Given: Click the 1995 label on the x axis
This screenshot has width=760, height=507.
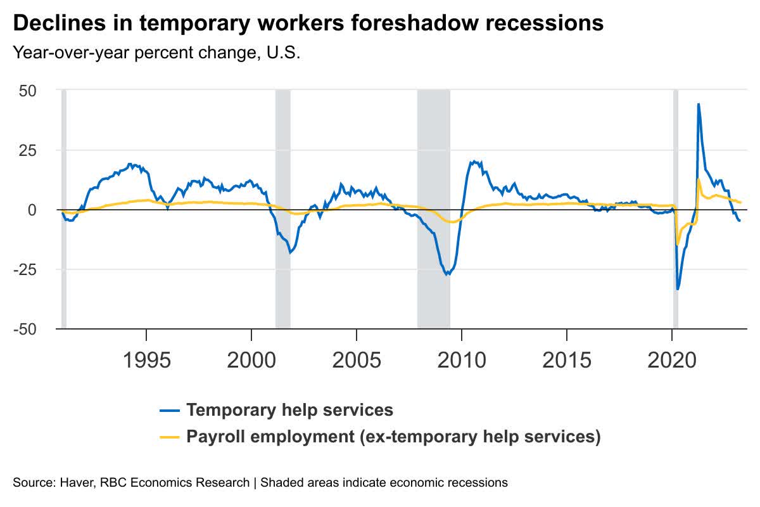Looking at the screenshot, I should (146, 360).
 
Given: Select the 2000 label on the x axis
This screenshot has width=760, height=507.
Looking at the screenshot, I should (251, 360).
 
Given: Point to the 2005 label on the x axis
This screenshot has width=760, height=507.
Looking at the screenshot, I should (357, 360).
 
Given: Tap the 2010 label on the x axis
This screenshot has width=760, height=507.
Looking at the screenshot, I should (462, 360).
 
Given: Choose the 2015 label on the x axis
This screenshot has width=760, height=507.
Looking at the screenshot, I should (567, 360).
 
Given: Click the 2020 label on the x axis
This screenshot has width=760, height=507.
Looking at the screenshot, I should (672, 360).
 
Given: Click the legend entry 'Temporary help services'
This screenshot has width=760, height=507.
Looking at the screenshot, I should (289, 410).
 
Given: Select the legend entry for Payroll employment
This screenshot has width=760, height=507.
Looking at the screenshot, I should (393, 437).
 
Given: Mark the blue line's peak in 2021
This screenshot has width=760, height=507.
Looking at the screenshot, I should (698, 105).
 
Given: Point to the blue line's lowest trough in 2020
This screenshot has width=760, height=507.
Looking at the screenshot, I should (678, 289).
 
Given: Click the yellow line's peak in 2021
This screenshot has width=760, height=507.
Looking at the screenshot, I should (699, 179).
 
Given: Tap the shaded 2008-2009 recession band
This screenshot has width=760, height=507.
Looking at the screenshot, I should (433, 209).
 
